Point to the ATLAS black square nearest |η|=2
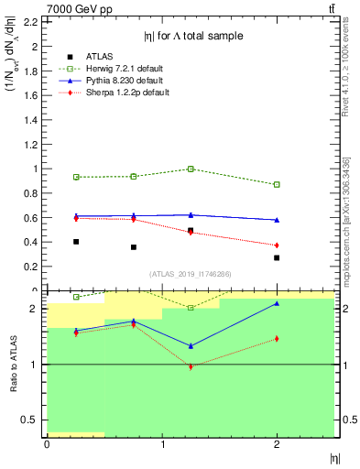[x=277, y=257]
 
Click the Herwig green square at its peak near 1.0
[x=191, y=169]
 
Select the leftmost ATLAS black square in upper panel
[x=76, y=242]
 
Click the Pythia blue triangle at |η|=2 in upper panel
[x=277, y=220]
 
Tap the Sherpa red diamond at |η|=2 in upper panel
[x=277, y=245]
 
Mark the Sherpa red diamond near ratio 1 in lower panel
[x=191, y=366]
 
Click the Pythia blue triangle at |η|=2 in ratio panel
[x=277, y=303]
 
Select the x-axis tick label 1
[x=162, y=444]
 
